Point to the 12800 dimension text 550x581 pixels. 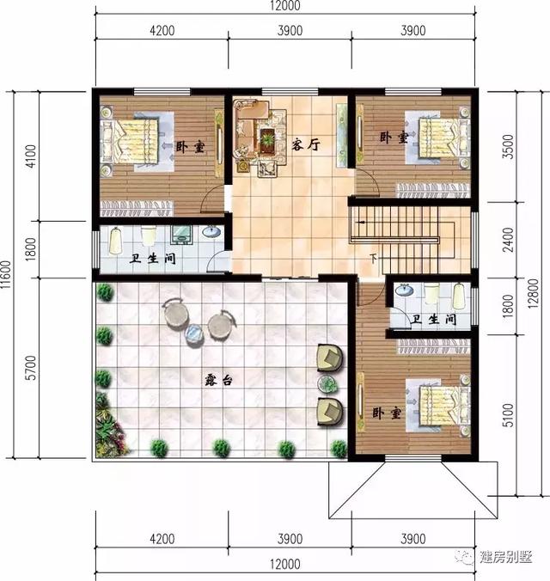coord(535,294)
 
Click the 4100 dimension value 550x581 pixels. coord(30,156)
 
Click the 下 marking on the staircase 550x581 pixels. coord(373,258)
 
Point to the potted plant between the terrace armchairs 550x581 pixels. coord(327,383)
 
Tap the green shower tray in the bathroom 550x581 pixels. coord(182,235)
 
